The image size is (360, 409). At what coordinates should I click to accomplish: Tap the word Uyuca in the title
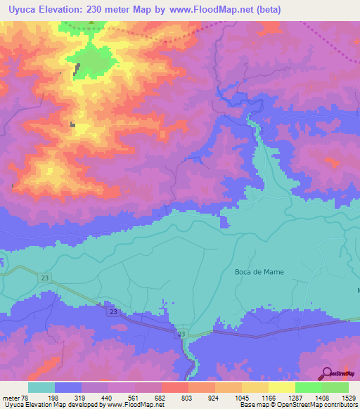(x=20, y=10)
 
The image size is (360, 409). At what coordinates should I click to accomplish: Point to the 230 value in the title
(x=103, y=10)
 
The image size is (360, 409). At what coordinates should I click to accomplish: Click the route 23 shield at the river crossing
(x=181, y=334)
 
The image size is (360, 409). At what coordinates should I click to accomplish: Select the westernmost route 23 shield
(x=46, y=279)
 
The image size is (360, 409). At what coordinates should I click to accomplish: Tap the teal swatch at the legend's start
(x=41, y=387)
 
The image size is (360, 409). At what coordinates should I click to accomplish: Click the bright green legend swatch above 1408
(x=308, y=387)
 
